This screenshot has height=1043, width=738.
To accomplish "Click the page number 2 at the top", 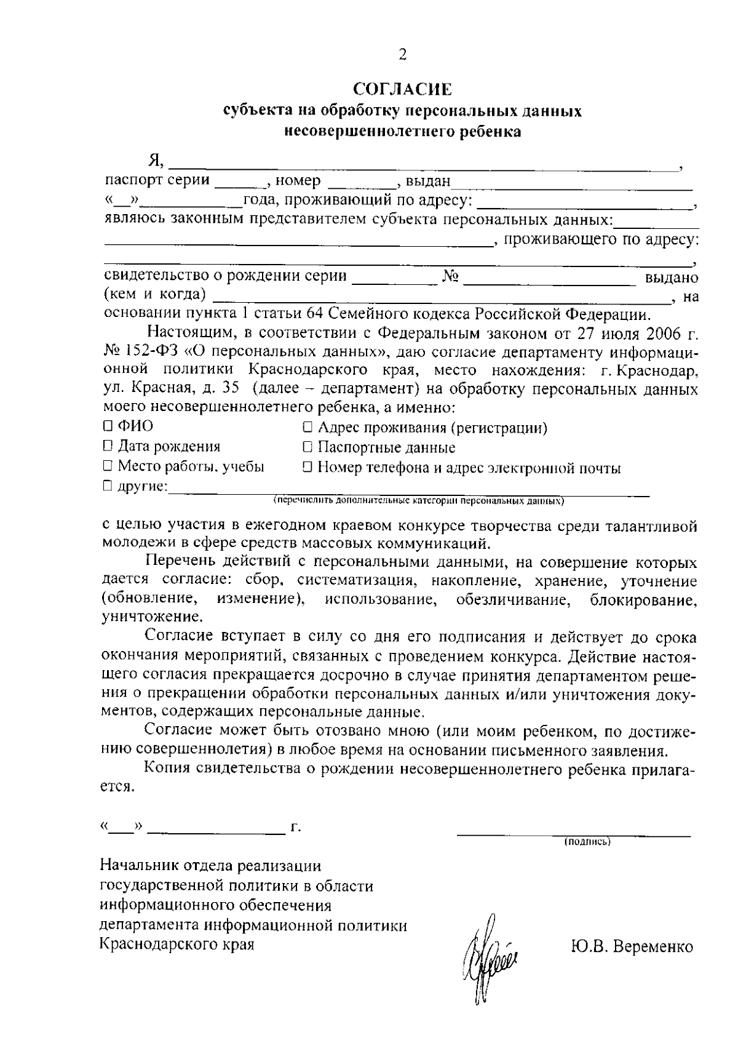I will pos(402,55).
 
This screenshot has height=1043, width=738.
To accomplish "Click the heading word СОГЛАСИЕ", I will pos(402,90).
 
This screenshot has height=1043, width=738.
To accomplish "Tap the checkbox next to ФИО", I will pos(108,426).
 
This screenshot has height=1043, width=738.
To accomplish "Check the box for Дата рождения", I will pos(108,446).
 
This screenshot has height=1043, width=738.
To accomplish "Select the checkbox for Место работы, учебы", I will pos(108,466).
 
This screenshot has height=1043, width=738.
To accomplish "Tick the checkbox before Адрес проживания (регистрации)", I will pos(308,427).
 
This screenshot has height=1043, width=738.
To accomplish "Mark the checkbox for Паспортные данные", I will pos(308,447).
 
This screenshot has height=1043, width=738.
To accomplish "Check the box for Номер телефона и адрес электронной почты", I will pos(308,468).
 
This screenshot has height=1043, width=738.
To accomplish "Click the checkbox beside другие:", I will pos(108,487).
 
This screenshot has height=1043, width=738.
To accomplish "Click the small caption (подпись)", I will pos(587,842).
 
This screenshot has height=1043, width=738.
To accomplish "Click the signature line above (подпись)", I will pos(573,834).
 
